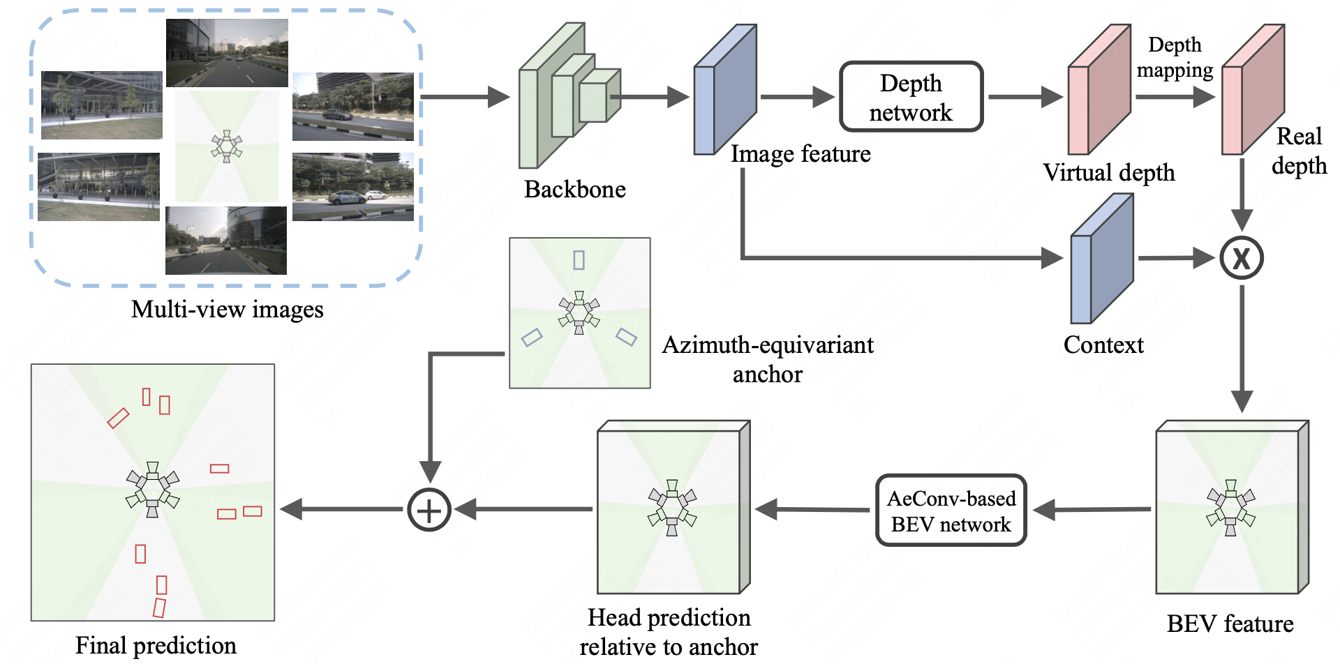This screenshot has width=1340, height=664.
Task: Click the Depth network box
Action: pos(911,97)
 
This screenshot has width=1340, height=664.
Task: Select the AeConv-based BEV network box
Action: pos(951,511)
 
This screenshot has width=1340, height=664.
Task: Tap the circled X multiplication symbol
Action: pos(1241,258)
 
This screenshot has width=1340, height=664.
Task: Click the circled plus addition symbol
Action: pos(429,510)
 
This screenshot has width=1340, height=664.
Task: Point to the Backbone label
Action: pos(574,190)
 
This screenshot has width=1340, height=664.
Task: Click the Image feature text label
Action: pos(801,154)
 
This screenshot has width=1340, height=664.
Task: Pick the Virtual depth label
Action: pos(1108,173)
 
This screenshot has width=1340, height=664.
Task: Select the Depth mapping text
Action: pos(1175,57)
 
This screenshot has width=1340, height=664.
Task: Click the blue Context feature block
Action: pos(1101,262)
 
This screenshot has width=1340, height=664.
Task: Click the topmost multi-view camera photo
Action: pos(227,53)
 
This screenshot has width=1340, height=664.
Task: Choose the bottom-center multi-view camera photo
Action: pos(225,240)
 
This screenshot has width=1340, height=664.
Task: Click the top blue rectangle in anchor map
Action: pos(579,260)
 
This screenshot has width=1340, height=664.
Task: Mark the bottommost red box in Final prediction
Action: pos(159,608)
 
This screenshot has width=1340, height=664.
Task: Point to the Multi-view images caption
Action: pos(227,310)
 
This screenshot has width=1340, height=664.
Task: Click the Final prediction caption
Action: pos(156,646)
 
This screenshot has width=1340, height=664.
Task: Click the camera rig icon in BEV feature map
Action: pos(1230,507)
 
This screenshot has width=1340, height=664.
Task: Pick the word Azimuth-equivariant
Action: pos(767,345)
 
